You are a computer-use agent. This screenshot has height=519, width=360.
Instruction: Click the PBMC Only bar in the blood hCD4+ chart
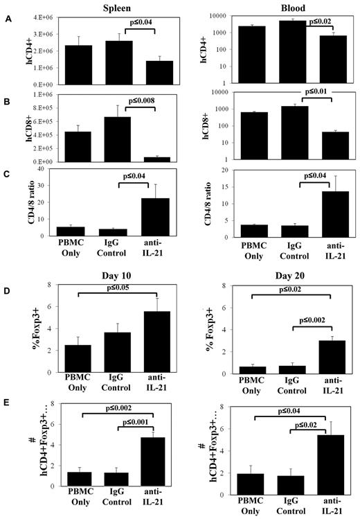tap(251, 55)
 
